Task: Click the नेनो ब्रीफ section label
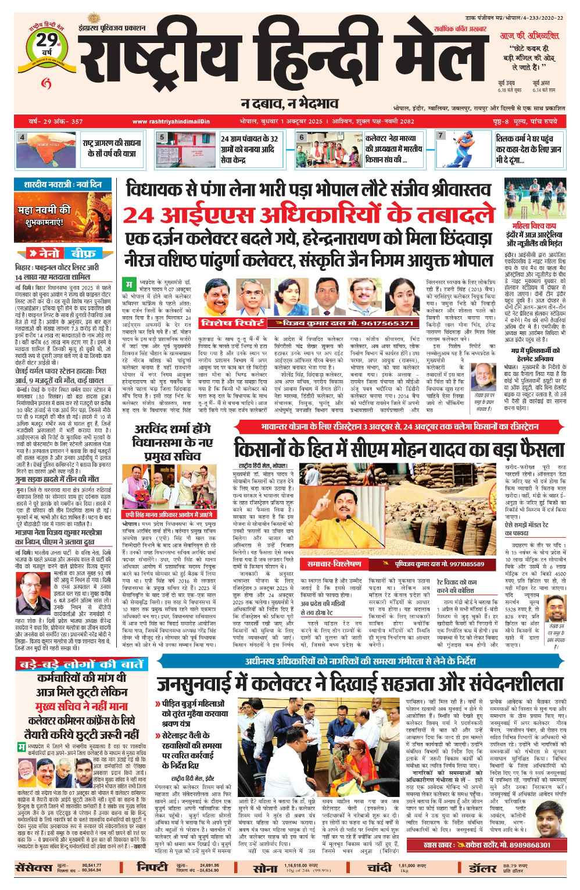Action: point(66,253)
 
